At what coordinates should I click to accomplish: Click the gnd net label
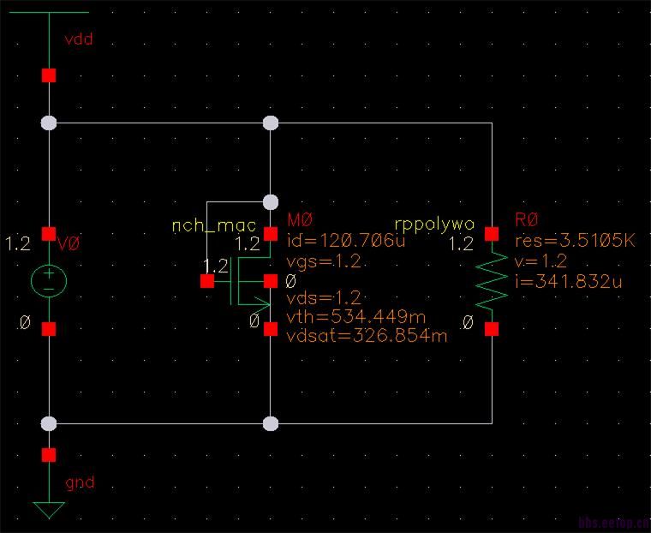pyautogui.click(x=80, y=482)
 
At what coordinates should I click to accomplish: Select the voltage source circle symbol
pyautogui.click(x=49, y=281)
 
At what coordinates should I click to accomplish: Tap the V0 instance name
pyautogui.click(x=69, y=245)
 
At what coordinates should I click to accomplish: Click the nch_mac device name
pyautogui.click(x=214, y=225)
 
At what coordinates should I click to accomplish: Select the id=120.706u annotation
pyautogui.click(x=345, y=241)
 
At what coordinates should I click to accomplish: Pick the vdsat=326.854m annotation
pyautogui.click(x=367, y=336)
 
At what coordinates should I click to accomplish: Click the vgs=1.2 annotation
pyautogui.click(x=322, y=261)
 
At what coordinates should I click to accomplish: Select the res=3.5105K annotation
pyautogui.click(x=576, y=241)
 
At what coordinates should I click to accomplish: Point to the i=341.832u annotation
pyautogui.click(x=567, y=280)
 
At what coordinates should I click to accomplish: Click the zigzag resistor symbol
pyautogui.click(x=492, y=281)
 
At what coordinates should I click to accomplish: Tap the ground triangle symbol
pyautogui.click(x=49, y=511)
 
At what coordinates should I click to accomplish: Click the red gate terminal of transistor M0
pyautogui.click(x=206, y=280)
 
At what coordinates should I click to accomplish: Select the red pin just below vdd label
pyautogui.click(x=49, y=75)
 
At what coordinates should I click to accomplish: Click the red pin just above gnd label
pyautogui.click(x=49, y=454)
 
